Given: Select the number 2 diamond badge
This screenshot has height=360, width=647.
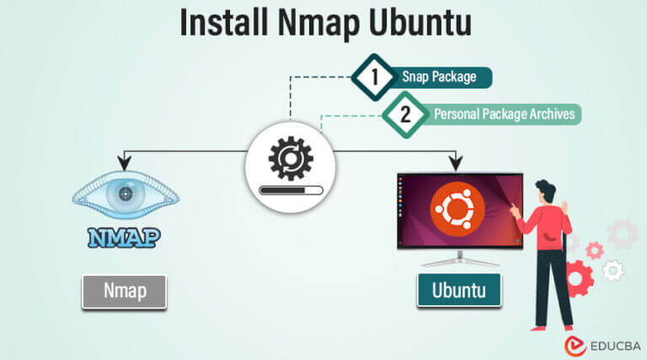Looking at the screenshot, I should pos(405,114).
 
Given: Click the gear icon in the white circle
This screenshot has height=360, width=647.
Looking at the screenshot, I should pos(290,158).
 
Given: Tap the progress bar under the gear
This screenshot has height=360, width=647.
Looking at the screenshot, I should pos(290,191).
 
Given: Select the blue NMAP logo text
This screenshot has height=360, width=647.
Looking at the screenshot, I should pos(124,237).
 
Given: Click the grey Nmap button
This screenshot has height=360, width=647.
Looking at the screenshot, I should pos(124,291).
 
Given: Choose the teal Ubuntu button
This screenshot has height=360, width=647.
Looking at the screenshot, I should pos(458,292).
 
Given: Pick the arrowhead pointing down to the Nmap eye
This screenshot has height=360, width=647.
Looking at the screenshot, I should pos(125,161).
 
